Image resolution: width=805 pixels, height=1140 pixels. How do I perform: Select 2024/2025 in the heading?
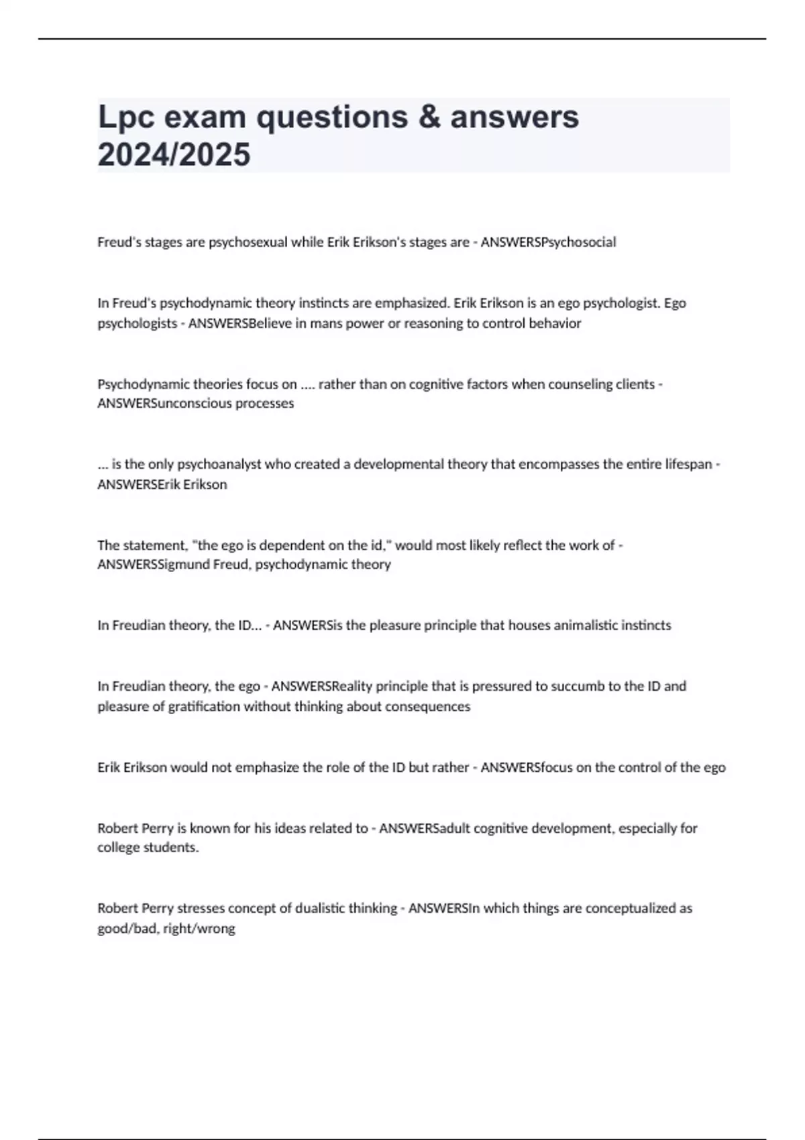[174, 155]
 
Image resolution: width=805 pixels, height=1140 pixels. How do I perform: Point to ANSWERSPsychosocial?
[548, 242]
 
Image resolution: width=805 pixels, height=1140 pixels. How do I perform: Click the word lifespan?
[688, 464]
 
